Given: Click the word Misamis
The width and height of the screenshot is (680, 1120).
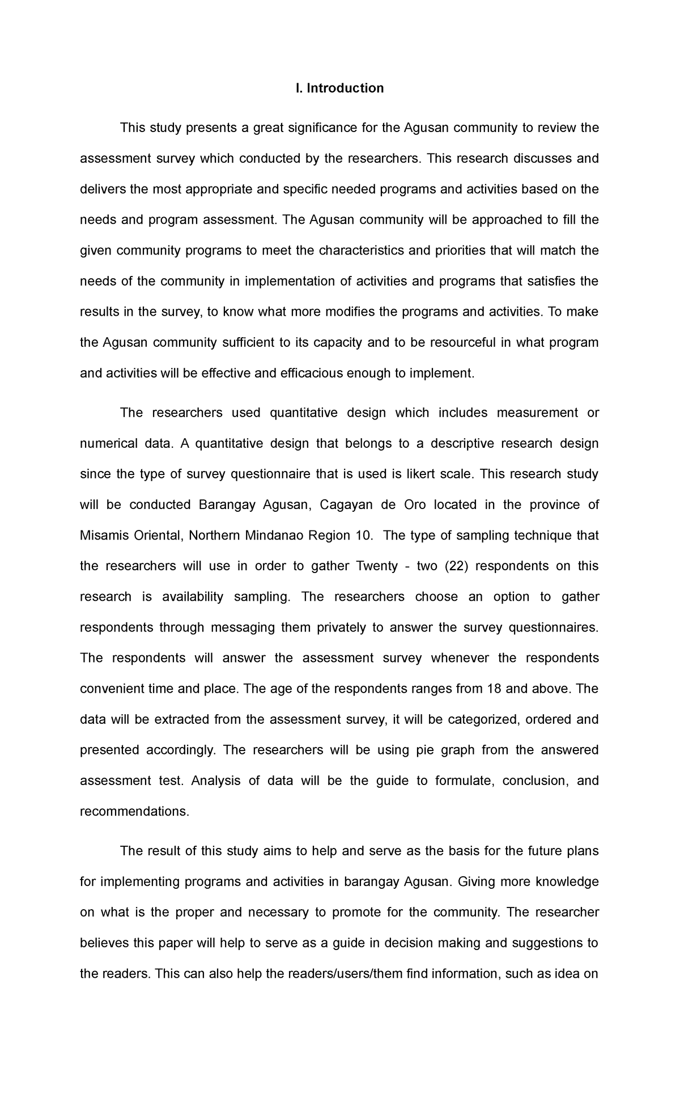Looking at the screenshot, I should click(x=101, y=535).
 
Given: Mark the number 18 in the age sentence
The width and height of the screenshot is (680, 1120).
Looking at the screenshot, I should click(x=493, y=688).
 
